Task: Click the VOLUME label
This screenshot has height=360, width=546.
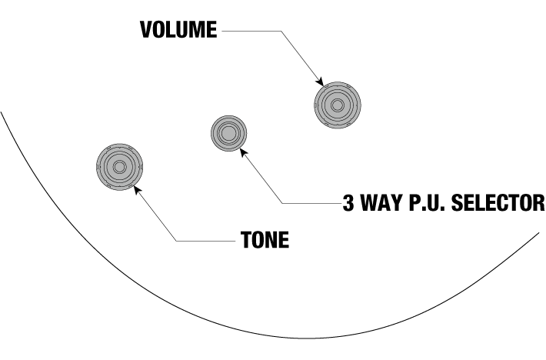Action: point(179,31)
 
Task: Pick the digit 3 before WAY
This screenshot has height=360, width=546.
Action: point(348,203)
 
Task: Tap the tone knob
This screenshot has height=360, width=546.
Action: point(120,167)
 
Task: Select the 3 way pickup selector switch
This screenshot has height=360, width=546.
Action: point(228,134)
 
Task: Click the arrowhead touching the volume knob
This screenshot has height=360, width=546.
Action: point(318,81)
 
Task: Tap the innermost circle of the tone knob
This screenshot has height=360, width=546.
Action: point(120,167)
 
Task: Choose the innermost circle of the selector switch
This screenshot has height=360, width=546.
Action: point(228,134)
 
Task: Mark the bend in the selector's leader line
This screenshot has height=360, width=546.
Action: point(283,203)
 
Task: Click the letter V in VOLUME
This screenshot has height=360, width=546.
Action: point(147,31)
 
